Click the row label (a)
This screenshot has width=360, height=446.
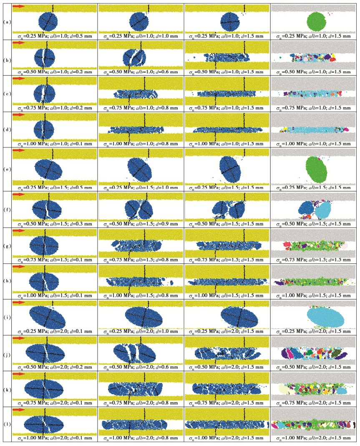click(7, 19)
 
